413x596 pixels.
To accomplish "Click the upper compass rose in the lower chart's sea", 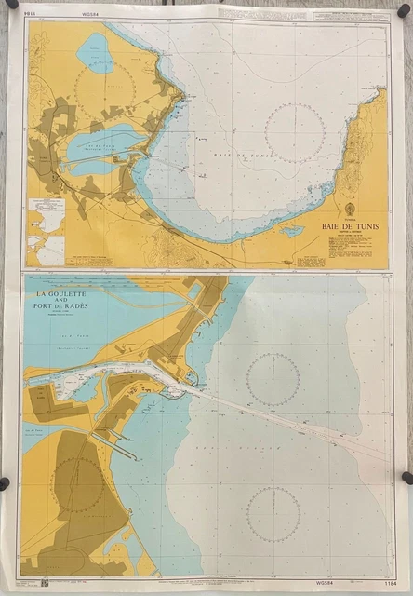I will [273, 379].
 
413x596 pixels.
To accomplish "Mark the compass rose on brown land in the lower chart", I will [78, 484].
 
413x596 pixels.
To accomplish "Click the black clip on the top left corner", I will [12, 6].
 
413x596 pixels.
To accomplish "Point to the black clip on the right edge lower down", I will [406, 478].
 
